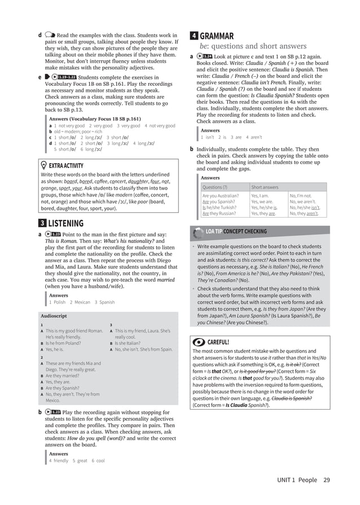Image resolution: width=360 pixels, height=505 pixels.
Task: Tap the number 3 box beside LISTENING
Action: [x=42, y=223]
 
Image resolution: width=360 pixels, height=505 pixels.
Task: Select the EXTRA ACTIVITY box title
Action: [x=66, y=165]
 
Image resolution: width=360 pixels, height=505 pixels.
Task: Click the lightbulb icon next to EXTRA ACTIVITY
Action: [x=44, y=165]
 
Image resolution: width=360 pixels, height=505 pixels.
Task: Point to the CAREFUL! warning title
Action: [x=218, y=342]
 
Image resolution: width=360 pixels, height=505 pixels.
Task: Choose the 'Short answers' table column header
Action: [x=265, y=187]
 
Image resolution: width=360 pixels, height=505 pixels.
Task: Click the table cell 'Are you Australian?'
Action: [x=221, y=196]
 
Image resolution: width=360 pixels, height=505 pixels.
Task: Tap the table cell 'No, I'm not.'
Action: [x=300, y=196]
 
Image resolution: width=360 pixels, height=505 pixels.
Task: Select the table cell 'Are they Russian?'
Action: [x=218, y=213]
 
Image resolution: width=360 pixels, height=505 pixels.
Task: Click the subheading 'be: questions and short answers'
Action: [x=253, y=46]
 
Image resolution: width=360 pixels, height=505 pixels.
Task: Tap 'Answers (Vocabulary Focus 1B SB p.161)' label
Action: [x=95, y=119]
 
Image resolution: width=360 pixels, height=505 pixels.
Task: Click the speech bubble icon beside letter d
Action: [x=50, y=36]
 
